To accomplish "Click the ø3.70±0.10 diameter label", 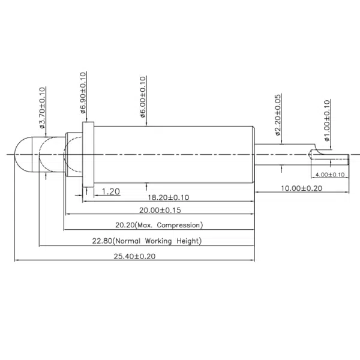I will coord(42,109).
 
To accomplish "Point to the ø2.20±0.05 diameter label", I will coord(278,116).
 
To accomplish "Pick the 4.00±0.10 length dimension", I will coord(330,175).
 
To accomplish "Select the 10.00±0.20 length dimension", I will coord(302,188).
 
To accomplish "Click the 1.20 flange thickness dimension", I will coord(111,191).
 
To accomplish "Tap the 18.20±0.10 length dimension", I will coord(169,197).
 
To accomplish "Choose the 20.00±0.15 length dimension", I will coord(160,211).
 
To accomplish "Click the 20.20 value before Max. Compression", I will coord(125,225).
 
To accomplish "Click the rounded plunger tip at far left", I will coord(23,154).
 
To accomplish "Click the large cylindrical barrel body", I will coord(174,155).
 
